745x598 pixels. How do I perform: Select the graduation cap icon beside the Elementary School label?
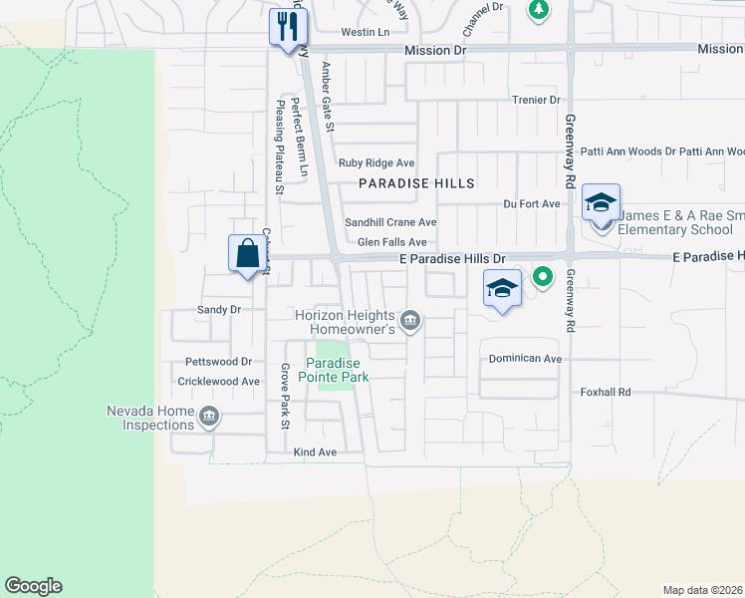tap(601, 203)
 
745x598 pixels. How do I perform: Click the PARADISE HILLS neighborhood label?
tap(416, 183)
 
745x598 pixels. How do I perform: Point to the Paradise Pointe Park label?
tap(337, 370)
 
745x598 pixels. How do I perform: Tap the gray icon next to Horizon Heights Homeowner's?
tap(410, 320)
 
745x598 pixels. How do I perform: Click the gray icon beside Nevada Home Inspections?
tap(208, 417)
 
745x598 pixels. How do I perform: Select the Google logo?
tap(33, 586)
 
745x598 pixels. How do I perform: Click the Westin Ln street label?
tap(365, 32)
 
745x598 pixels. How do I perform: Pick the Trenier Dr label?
tap(536, 100)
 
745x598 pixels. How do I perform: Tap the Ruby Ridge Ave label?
tap(376, 162)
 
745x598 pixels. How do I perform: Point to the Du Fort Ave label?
tap(530, 203)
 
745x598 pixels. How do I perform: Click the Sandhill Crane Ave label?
tap(390, 222)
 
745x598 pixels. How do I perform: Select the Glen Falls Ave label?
tap(392, 242)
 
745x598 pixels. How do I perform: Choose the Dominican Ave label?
tap(525, 358)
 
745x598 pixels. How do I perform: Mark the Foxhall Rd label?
tap(606, 393)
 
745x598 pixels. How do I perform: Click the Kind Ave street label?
tap(315, 451)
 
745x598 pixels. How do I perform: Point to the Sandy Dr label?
tap(219, 310)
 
